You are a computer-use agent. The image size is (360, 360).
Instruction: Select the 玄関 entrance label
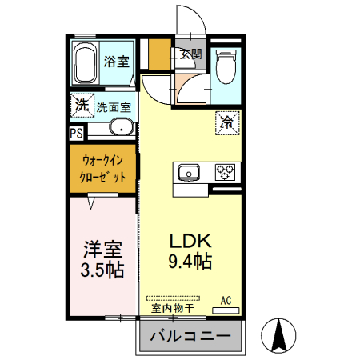190,55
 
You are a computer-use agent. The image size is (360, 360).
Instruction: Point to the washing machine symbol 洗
81,105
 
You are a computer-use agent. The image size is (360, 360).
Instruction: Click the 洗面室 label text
114,106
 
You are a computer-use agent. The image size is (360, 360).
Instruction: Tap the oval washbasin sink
120,127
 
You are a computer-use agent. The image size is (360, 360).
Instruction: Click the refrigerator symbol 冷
226,123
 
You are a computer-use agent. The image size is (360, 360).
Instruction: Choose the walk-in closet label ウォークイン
102,158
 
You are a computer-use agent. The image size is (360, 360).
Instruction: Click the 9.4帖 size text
189,260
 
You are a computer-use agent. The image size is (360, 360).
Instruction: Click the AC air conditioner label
226,299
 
